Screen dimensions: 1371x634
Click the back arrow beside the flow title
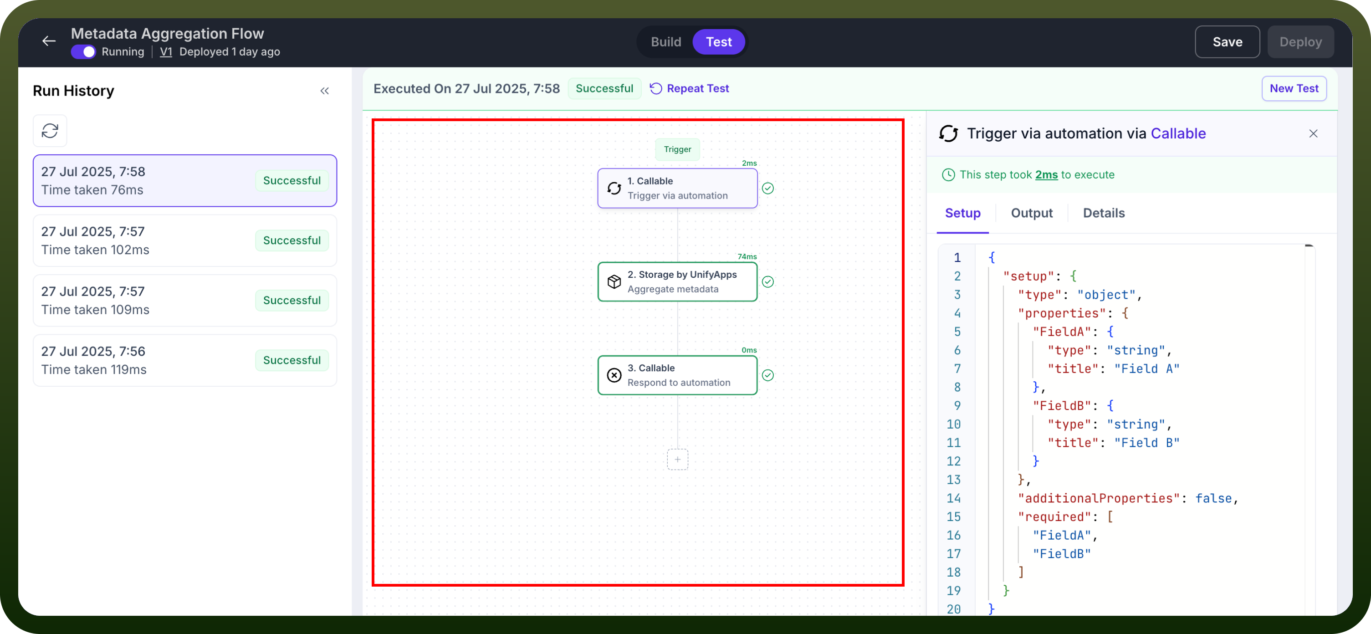pyautogui.click(x=49, y=41)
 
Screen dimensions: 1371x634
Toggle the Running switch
pyautogui.click(x=83, y=51)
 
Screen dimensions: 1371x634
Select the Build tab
pyautogui.click(x=666, y=41)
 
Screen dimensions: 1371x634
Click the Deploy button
pyautogui.click(x=1300, y=41)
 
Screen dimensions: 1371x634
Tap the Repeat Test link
pyautogui.click(x=690, y=88)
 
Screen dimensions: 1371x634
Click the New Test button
pyautogui.click(x=1294, y=88)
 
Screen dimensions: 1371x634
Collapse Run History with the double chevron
pyautogui.click(x=325, y=91)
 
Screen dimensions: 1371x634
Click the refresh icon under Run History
pyautogui.click(x=50, y=130)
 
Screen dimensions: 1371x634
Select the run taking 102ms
pyautogui.click(x=184, y=240)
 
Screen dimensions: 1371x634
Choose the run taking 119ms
pyautogui.click(x=184, y=360)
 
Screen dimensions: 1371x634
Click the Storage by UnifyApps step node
pyautogui.click(x=677, y=281)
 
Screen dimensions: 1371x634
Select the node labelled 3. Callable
pyautogui.click(x=677, y=375)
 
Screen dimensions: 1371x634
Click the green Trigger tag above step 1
pyautogui.click(x=677, y=149)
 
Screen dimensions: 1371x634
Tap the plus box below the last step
pyautogui.click(x=677, y=460)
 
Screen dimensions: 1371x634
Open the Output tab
pyautogui.click(x=1032, y=213)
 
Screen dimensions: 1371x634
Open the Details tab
pyautogui.click(x=1104, y=213)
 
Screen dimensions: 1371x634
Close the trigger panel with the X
pyautogui.click(x=1313, y=133)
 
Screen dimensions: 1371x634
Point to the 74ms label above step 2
pyautogui.click(x=747, y=256)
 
